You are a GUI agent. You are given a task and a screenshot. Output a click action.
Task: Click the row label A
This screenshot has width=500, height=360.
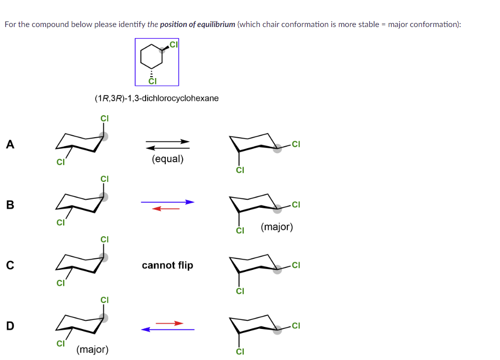pos(10,145)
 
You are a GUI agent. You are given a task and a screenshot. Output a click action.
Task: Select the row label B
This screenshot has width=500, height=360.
pos(10,205)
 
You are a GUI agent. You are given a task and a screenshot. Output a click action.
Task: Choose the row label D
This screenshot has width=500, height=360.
pos(10,325)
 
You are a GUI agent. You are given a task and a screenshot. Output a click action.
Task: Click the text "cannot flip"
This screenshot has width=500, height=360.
pos(167,265)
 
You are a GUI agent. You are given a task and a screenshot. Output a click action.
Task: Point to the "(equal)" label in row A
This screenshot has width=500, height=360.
pos(167,159)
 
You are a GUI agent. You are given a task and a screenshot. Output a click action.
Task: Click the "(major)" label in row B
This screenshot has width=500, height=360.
pos(277,227)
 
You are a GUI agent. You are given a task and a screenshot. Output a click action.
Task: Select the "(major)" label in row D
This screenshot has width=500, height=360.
pos(92,349)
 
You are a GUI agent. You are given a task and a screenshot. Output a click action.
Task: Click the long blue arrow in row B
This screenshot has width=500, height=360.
pos(167,202)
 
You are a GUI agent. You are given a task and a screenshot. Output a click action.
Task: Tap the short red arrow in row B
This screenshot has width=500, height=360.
pos(166,208)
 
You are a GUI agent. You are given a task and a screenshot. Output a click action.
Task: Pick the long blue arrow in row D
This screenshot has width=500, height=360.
pos(167,329)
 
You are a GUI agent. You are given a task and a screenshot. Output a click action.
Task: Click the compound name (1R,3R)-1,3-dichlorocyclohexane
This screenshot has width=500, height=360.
pos(157,98)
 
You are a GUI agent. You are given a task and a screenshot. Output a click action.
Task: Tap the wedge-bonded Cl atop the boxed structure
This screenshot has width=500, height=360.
pos(173,45)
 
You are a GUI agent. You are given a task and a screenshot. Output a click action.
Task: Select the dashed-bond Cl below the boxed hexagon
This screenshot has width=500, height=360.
pos(152,81)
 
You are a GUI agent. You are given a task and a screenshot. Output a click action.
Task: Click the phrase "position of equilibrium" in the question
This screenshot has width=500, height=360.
pos(197,25)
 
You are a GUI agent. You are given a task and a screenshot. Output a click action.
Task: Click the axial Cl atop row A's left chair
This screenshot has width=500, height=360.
pos(104,119)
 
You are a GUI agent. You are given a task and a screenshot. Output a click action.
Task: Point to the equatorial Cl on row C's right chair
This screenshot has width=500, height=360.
pos(296,265)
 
